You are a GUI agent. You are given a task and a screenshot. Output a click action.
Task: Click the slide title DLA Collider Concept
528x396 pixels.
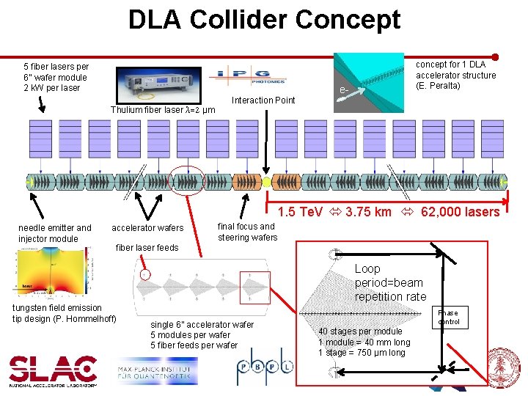pos(264,19)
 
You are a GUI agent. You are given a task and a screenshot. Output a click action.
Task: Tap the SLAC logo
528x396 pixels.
pos(53,370)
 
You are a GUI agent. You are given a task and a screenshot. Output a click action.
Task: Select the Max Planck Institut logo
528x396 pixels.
pos(156,372)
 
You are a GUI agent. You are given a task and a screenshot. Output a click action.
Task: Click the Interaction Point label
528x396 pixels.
pos(263,100)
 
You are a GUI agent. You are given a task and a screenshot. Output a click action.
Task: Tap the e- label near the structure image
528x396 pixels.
pos(342,91)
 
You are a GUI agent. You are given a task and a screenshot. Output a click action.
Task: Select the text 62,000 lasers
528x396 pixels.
pos(460,212)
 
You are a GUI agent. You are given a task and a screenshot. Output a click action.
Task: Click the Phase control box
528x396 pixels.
pos(448,317)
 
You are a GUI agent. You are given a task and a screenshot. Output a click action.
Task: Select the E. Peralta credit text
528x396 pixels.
pos(439,86)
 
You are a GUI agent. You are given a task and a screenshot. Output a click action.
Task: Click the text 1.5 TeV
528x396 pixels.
pos(301,212)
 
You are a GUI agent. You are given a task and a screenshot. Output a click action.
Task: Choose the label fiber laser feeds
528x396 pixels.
pos(147,247)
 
